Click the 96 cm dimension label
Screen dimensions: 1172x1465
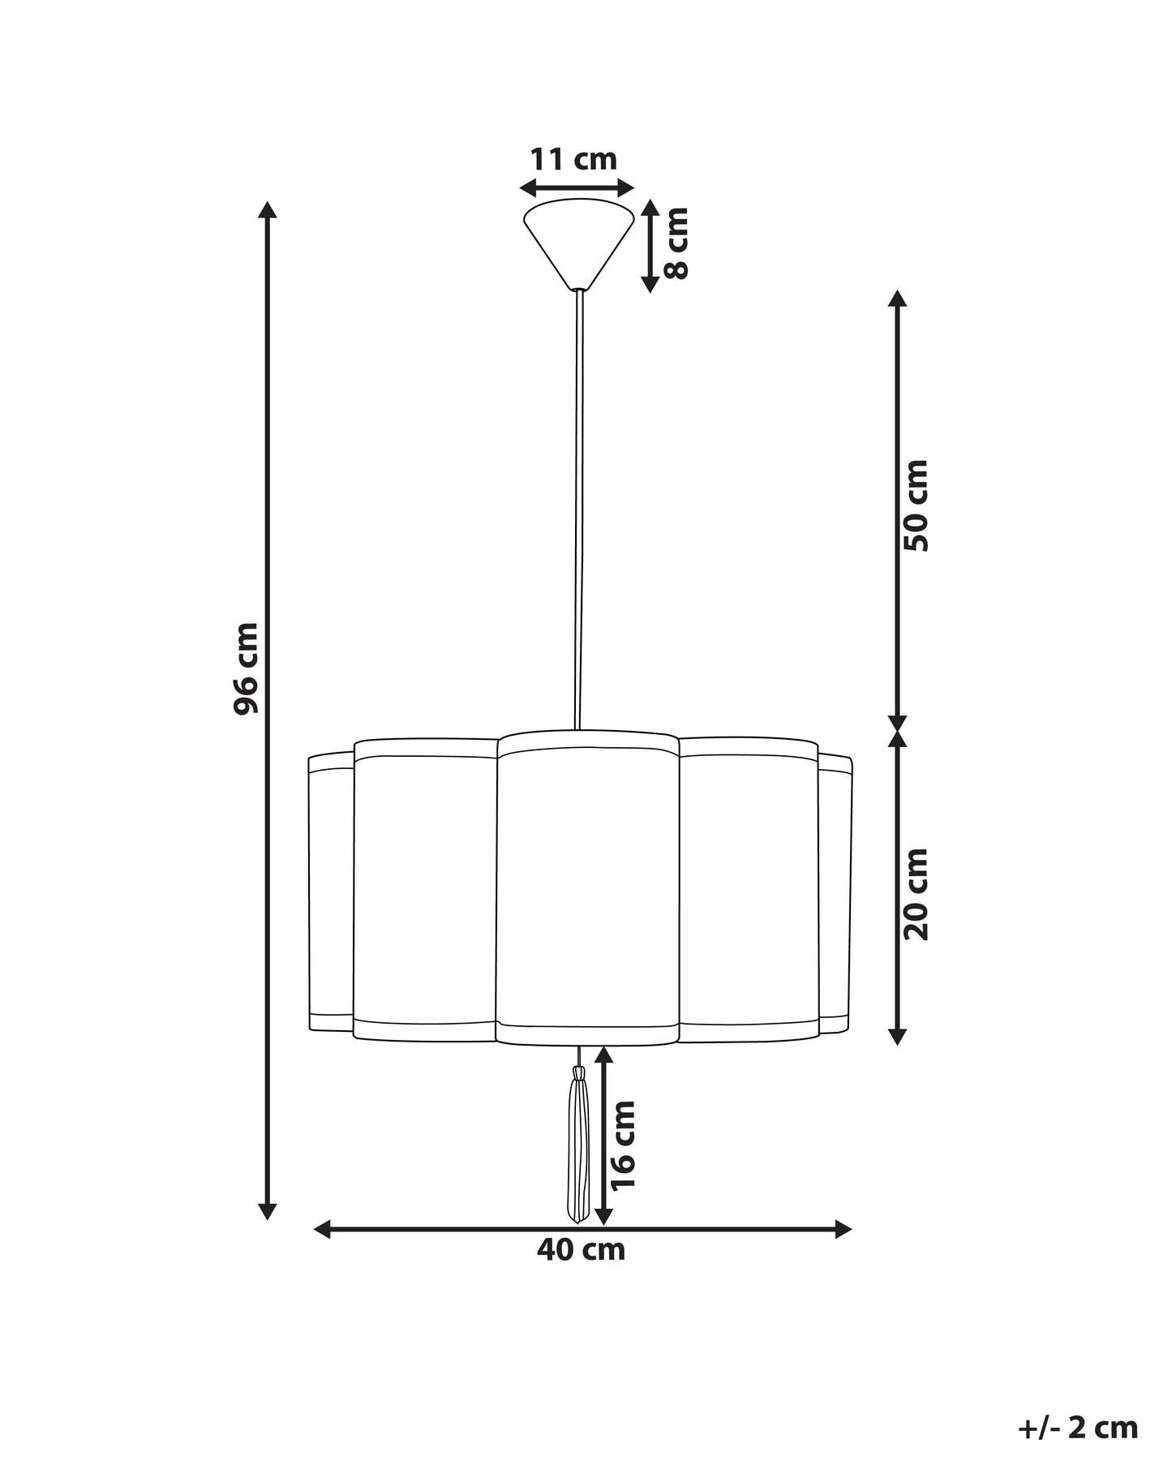click(246, 668)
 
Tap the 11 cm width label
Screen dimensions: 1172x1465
click(573, 159)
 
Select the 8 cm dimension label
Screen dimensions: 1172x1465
click(676, 243)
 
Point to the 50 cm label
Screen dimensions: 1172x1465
click(917, 506)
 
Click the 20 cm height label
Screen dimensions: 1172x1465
click(917, 895)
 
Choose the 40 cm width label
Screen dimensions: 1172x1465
click(581, 1272)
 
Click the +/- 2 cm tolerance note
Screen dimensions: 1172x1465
click(1078, 1405)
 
